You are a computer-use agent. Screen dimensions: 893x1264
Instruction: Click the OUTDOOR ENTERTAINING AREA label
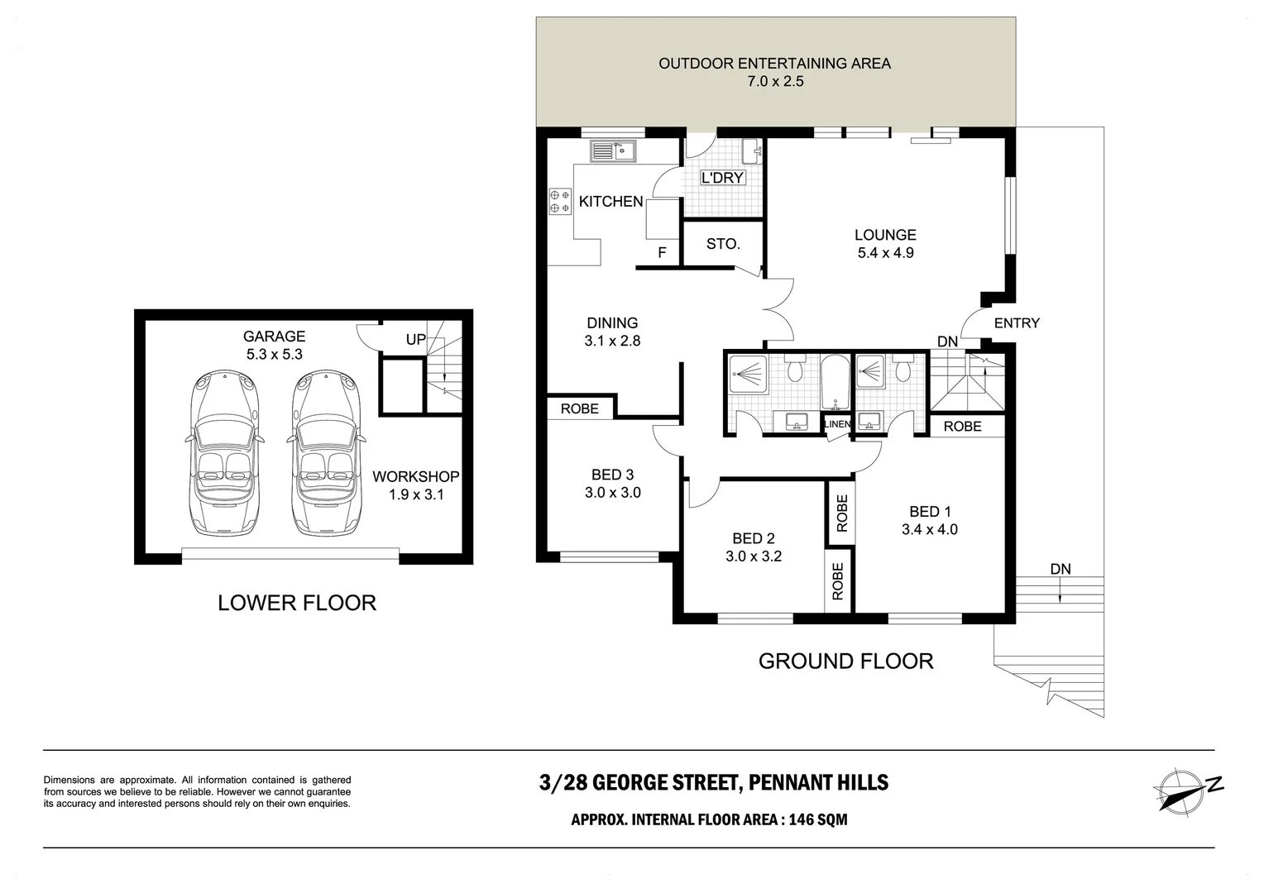point(774,64)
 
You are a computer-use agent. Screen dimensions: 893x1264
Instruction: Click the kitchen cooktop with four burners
point(560,201)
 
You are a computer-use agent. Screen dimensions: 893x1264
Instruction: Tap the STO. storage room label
point(723,244)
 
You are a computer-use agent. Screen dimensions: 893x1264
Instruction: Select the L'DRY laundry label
point(722,178)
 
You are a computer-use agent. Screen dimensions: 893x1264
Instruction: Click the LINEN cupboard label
point(837,424)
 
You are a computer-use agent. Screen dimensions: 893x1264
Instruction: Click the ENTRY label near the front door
point(1017,323)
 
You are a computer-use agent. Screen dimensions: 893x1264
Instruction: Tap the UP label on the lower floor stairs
point(415,339)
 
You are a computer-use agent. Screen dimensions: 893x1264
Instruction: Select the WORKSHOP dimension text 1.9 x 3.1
point(416,494)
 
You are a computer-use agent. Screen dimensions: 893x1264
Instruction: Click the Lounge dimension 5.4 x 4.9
point(885,253)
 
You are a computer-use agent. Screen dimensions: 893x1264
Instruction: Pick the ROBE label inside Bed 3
point(579,408)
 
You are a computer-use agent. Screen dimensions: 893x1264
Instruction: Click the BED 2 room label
point(753,538)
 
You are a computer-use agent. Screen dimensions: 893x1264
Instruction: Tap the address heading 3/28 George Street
point(713,782)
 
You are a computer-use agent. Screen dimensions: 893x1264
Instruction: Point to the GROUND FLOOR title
point(845,661)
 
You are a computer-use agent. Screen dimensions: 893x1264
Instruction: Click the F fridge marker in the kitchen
point(662,253)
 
